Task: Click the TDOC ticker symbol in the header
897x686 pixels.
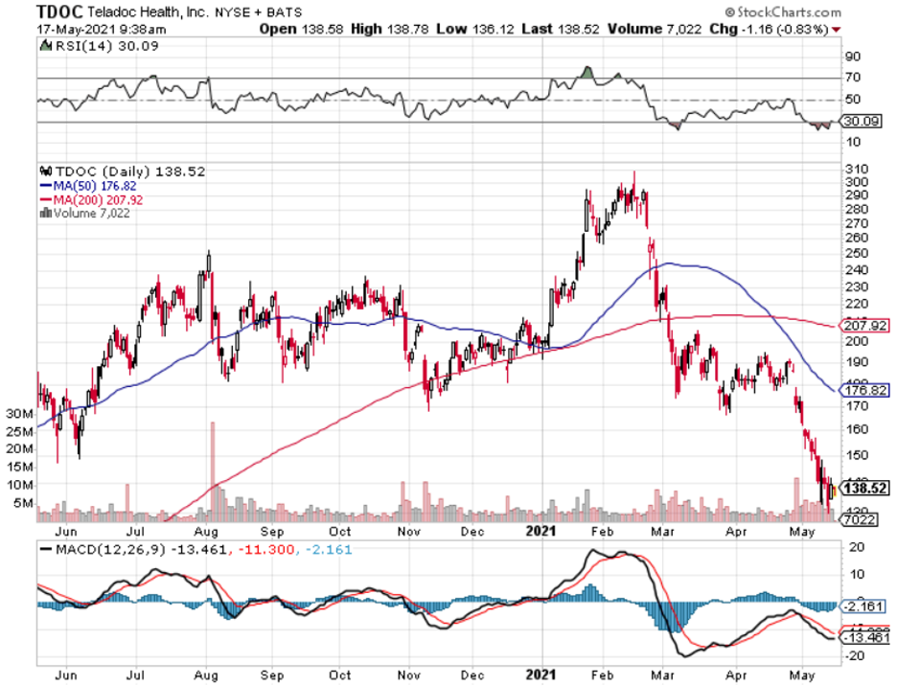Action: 56,11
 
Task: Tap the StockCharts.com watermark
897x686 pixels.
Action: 785,12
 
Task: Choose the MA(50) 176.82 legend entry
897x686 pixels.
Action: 85,185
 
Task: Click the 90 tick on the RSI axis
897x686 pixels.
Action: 851,57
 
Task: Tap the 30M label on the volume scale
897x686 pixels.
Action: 19,414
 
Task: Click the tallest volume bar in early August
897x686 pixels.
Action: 213,469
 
